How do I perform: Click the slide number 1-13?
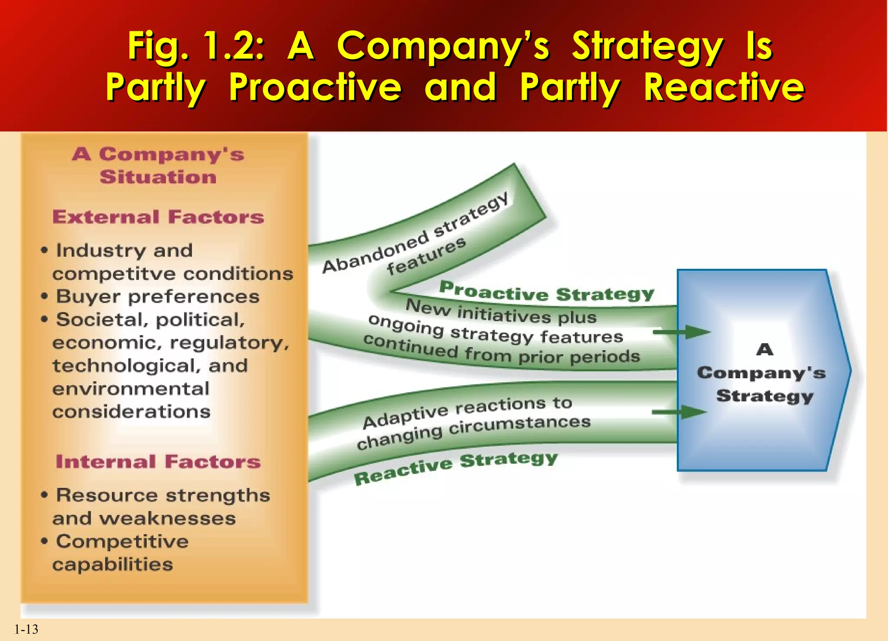click(x=26, y=629)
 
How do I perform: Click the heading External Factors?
click(x=158, y=217)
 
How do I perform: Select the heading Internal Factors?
click(x=158, y=462)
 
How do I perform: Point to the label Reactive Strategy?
click(x=455, y=468)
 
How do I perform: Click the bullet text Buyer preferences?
click(x=158, y=297)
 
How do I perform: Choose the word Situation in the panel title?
click(x=158, y=177)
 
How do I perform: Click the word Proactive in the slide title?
click(x=315, y=87)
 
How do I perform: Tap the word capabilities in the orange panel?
click(x=113, y=564)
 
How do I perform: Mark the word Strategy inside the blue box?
click(x=764, y=396)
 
